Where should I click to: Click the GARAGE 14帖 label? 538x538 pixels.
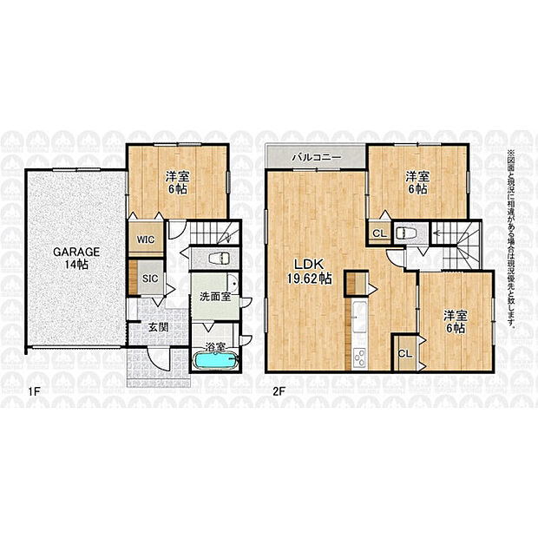(x=76, y=258)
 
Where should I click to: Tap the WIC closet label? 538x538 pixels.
(x=146, y=239)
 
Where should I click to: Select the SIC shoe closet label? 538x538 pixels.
(x=150, y=279)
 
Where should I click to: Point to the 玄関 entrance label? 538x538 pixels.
(x=158, y=327)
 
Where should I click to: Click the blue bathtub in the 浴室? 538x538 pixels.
(x=216, y=360)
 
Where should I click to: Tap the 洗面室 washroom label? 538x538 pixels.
(x=215, y=297)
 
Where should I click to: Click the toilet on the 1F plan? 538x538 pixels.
(x=219, y=258)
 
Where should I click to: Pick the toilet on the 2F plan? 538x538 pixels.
(x=406, y=233)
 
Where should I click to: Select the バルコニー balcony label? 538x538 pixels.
(x=317, y=157)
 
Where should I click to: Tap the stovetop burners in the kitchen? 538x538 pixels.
(x=360, y=358)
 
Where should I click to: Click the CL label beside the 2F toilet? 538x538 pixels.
(x=380, y=233)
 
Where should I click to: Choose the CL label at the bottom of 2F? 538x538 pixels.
(x=405, y=353)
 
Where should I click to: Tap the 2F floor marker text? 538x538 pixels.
(x=279, y=391)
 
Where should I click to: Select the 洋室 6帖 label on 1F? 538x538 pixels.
(x=177, y=183)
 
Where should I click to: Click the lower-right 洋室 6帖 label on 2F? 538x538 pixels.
(x=456, y=322)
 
